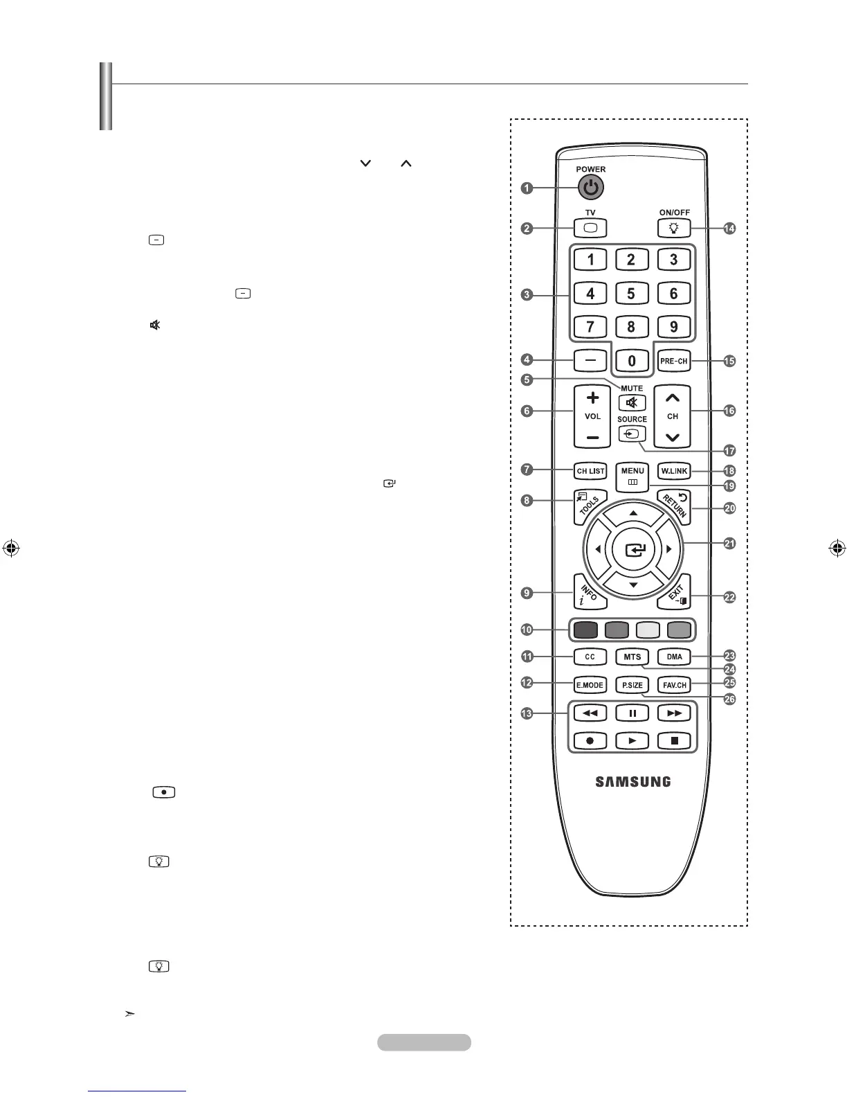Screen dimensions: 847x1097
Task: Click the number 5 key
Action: [631, 294]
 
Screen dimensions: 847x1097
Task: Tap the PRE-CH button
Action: [673, 361]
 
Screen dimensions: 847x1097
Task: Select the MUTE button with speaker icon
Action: [632, 403]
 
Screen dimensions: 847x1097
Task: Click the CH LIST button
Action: [590, 471]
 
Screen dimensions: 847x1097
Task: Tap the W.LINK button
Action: [673, 471]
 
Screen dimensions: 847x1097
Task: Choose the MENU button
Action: [632, 475]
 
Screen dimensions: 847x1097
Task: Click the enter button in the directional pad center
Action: [633, 551]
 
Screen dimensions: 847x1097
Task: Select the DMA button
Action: [674, 657]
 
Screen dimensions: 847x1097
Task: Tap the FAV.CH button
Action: [674, 685]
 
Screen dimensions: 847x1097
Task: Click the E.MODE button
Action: [590, 685]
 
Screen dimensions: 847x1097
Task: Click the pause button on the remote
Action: [632, 713]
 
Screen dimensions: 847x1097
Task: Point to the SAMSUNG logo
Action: [632, 782]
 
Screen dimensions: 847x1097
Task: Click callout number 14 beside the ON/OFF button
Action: [729, 229]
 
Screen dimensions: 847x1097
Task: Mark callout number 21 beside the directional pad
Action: [729, 544]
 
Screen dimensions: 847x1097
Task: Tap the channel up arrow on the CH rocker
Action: [673, 398]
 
